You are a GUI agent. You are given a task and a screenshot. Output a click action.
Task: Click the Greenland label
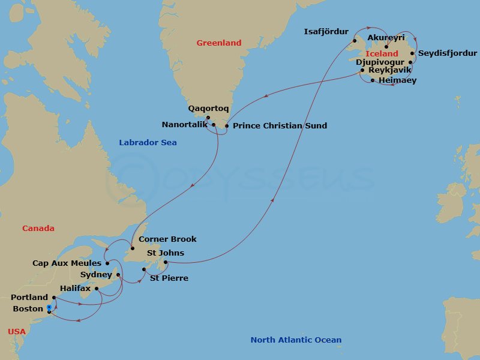tap(219, 43)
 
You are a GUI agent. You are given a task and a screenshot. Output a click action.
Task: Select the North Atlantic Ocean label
tap(296, 340)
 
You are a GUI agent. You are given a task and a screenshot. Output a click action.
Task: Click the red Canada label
tap(38, 228)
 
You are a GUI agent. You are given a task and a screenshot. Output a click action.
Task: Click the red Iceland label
tap(382, 54)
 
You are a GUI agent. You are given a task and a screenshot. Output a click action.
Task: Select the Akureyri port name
tap(386, 38)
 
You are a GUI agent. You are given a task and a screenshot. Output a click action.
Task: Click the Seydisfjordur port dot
tap(413, 53)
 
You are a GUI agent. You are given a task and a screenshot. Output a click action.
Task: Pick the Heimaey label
tap(397, 80)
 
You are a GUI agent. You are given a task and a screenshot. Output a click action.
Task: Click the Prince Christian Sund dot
tap(227, 126)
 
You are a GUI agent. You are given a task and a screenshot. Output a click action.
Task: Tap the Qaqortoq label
tap(208, 109)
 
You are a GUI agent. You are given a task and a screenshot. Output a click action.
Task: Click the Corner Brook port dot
tap(132, 248)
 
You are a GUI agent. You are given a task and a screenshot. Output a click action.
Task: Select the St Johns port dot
tap(166, 262)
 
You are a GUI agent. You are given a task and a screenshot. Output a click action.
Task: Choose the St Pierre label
tap(169, 278)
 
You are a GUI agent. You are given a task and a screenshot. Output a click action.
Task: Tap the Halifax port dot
tap(96, 288)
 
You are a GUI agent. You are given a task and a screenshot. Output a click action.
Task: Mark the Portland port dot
tap(54, 297)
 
